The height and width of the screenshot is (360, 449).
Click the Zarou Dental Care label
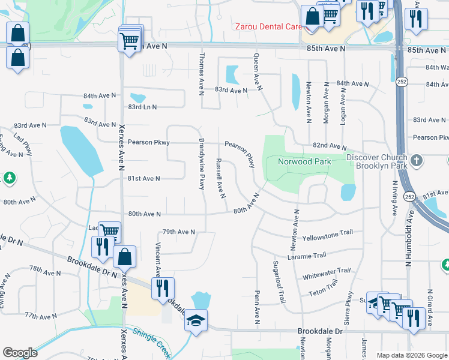click(268, 26)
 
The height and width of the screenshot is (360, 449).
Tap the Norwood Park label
click(304, 162)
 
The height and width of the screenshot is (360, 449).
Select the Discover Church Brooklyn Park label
click(377, 161)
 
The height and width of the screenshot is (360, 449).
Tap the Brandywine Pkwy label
click(202, 164)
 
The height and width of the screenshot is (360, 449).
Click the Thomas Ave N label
click(202, 73)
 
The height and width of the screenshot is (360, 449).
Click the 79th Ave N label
click(179, 232)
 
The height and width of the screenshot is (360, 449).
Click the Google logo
click(20, 352)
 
